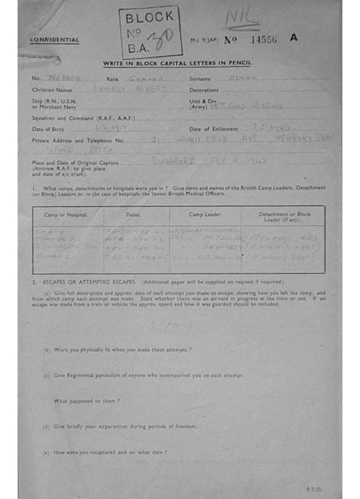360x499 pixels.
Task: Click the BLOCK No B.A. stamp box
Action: (150, 32)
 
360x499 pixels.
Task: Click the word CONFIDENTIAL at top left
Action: (54, 40)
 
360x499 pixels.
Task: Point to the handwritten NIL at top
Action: (241, 19)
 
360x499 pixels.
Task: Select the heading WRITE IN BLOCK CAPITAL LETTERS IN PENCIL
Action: (177, 63)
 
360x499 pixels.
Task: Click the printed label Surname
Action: (200, 78)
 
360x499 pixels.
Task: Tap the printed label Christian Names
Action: (52, 90)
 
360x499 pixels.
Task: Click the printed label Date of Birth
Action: (49, 129)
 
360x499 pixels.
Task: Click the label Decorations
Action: (204, 90)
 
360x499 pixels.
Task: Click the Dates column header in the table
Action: (133, 215)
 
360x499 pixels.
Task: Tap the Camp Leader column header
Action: (205, 215)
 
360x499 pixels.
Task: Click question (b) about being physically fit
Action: (117, 350)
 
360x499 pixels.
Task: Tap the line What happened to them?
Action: (87, 401)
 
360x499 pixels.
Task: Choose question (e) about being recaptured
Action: (105, 452)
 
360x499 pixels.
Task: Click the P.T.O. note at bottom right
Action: (314, 489)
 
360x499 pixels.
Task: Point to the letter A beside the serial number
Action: (293, 38)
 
